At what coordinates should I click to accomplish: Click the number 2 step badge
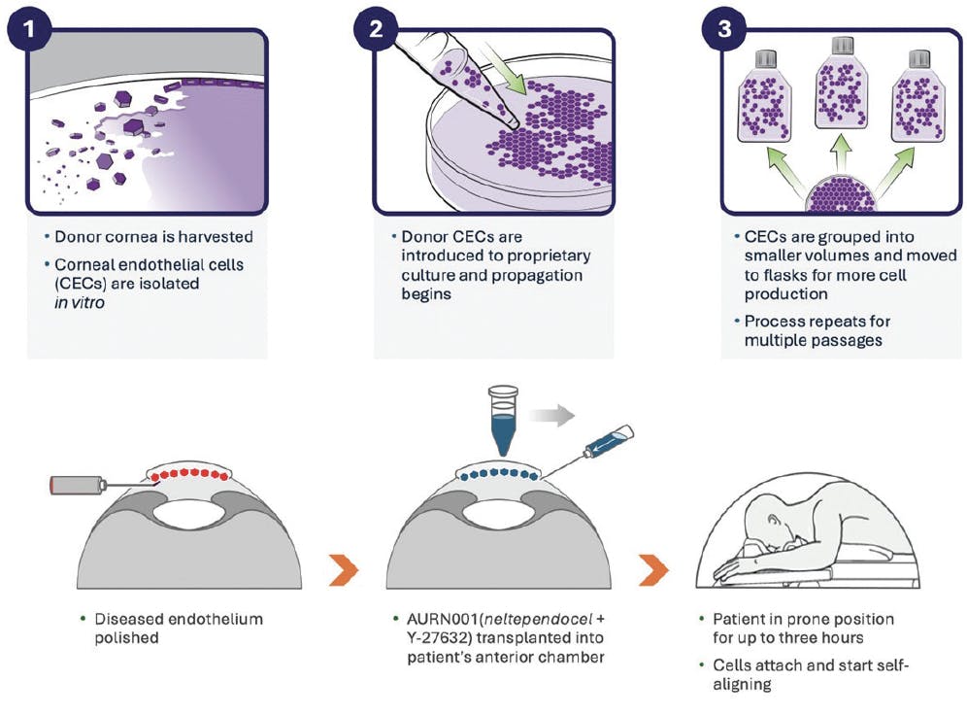click(376, 28)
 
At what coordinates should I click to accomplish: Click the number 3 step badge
click(723, 28)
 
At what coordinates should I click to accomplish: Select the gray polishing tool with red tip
click(76, 483)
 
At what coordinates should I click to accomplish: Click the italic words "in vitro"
click(81, 302)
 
